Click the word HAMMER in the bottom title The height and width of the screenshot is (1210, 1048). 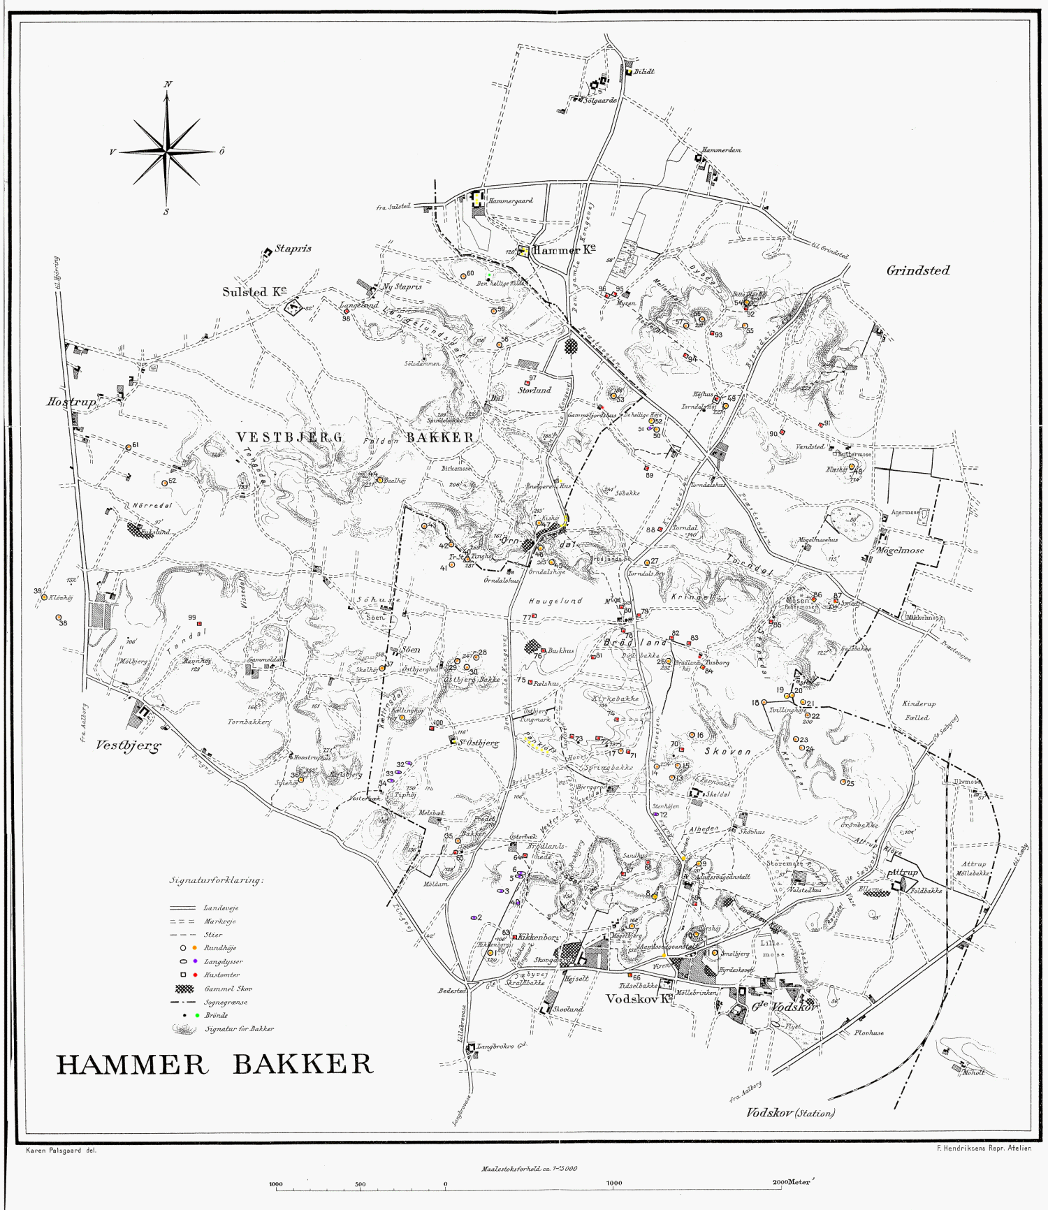point(132,1065)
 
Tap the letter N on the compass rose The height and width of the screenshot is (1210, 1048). point(168,85)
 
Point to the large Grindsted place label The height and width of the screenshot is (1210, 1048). point(917,271)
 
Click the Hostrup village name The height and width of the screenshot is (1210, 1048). point(70,402)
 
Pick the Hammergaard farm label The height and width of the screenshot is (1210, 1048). point(510,201)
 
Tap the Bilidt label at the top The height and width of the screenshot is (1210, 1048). point(643,72)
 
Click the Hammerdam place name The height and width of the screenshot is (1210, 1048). point(721,150)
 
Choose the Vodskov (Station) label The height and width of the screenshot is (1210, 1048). point(790,1113)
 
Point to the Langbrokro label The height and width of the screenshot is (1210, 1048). point(500,1047)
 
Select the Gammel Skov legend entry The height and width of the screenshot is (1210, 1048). point(228,989)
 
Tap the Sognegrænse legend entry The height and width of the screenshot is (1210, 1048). point(226,1002)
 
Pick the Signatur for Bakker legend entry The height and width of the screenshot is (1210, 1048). point(239,1029)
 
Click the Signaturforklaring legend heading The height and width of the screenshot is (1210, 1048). point(217,880)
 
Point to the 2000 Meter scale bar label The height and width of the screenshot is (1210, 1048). point(793,1183)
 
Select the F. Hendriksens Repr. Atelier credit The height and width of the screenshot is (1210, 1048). point(983,1148)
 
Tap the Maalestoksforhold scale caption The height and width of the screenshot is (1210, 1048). point(529,1169)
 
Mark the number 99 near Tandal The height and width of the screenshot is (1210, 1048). point(191,618)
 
